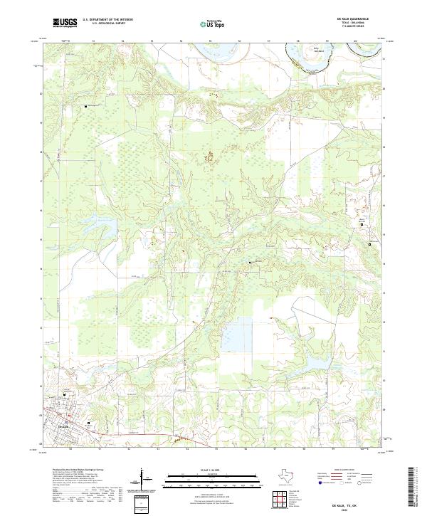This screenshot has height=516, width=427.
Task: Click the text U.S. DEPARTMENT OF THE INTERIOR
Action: coord(107,20)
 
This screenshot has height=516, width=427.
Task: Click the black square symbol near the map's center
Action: coord(249,263)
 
